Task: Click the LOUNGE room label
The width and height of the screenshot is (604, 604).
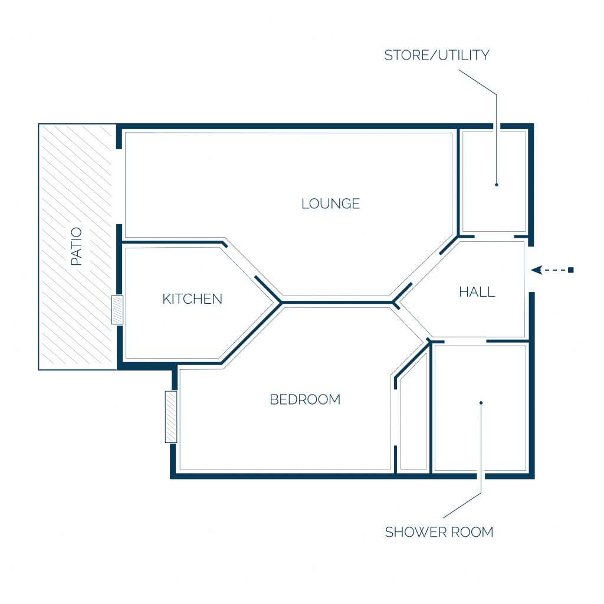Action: click(x=330, y=203)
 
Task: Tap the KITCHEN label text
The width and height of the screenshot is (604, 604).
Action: click(x=192, y=299)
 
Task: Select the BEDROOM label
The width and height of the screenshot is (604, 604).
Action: click(x=305, y=399)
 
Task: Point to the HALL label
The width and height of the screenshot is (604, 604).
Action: click(x=477, y=291)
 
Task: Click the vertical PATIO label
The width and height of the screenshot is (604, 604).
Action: click(x=76, y=246)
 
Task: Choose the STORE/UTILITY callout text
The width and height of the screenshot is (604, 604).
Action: click(x=437, y=55)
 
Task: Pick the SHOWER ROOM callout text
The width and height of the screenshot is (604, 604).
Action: click(x=439, y=532)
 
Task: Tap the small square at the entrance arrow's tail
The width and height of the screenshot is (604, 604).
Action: click(x=571, y=270)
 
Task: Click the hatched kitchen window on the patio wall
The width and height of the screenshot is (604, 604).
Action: click(x=117, y=310)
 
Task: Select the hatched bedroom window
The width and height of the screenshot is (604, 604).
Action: click(x=171, y=417)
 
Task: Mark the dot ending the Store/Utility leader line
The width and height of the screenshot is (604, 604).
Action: click(x=497, y=185)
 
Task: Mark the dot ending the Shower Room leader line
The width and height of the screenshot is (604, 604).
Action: click(x=481, y=403)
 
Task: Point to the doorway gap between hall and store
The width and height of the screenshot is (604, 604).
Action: click(x=494, y=237)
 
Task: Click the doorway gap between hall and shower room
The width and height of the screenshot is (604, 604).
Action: click(x=465, y=342)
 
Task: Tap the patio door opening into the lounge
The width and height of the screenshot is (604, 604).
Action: click(x=119, y=186)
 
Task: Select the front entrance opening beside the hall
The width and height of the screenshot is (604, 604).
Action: click(x=531, y=269)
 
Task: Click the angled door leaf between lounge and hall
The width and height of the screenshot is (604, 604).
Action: click(x=449, y=245)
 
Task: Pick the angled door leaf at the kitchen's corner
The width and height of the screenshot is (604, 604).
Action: click(x=268, y=289)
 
